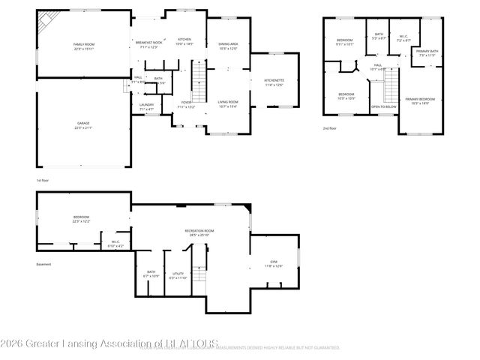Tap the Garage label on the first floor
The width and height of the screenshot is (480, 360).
tap(82, 126)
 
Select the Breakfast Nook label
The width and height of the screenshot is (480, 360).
tap(148, 43)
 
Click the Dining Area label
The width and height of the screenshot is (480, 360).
tap(227, 45)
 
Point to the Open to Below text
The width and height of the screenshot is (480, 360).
tap(383, 106)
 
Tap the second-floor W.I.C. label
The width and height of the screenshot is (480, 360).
tap(403, 37)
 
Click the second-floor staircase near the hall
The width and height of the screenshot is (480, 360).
tap(391, 90)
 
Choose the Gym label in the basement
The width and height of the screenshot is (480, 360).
tap(273, 263)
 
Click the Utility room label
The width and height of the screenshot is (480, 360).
tap(178, 274)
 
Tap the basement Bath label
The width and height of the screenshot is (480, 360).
tap(151, 273)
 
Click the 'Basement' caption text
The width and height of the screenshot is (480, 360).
tap(44, 264)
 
